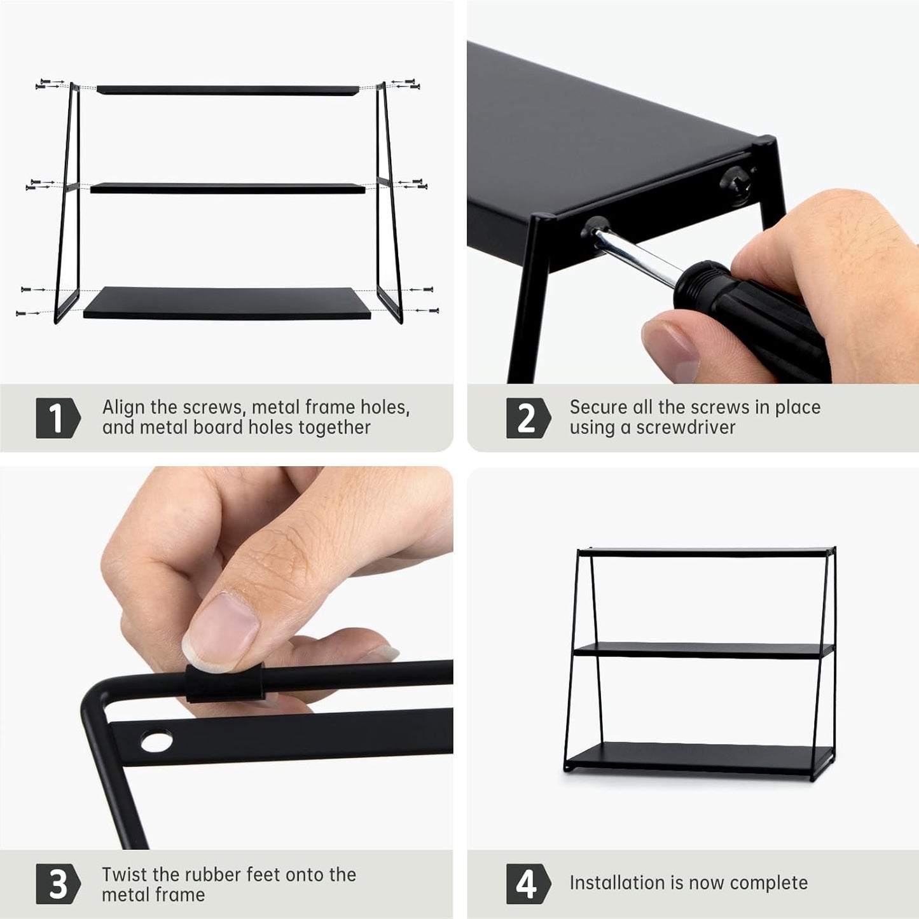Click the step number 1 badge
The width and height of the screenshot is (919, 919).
coord(58,418)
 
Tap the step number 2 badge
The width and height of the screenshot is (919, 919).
coord(528,418)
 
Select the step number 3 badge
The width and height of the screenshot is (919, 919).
coord(58,884)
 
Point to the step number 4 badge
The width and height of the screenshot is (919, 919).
coord(528,884)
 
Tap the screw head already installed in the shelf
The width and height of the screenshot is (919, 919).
coord(735,183)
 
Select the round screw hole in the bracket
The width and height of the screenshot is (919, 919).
coord(157,741)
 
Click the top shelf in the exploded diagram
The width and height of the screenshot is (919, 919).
coord(228,90)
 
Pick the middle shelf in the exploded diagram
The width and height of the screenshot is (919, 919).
coord(228,188)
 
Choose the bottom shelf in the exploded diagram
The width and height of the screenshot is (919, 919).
coord(227,303)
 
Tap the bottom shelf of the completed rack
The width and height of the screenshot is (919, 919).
coord(699,758)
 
